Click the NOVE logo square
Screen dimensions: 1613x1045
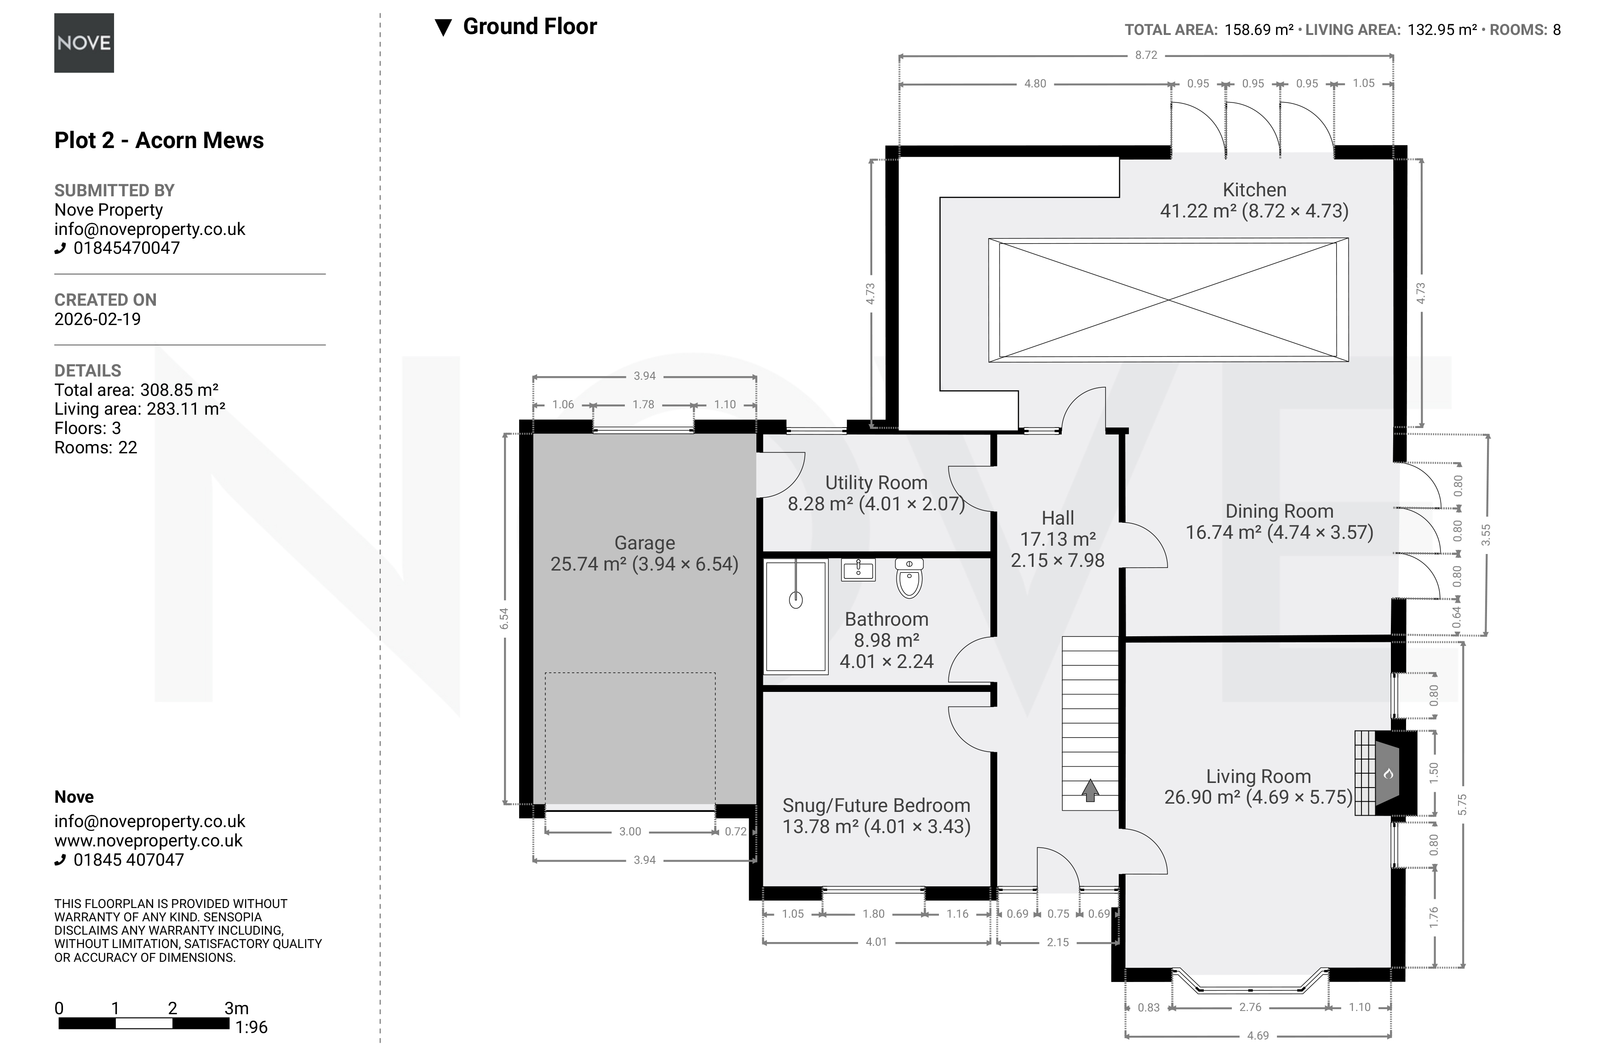[x=84, y=43]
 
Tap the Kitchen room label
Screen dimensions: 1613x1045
[x=1254, y=190]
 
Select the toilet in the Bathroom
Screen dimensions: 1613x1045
[x=909, y=578]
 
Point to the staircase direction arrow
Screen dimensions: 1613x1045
[x=1090, y=791]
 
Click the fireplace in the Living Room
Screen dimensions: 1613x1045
[x=1386, y=772]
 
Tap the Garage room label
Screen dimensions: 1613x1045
[x=645, y=543]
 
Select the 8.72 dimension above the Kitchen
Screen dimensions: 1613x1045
[x=1146, y=55]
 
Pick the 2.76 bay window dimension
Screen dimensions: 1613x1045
[x=1250, y=1007]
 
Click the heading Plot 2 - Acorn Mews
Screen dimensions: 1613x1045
[x=159, y=140]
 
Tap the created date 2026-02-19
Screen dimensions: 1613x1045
[x=97, y=319]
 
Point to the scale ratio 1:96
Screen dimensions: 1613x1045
[x=252, y=1028]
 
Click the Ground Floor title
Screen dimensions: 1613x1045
[x=530, y=26]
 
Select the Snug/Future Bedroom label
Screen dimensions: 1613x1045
[x=876, y=805]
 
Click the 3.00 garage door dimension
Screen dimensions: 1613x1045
[x=629, y=832]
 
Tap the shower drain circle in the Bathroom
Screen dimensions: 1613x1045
[x=795, y=600]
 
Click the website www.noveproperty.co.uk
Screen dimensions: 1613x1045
[x=149, y=841]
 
